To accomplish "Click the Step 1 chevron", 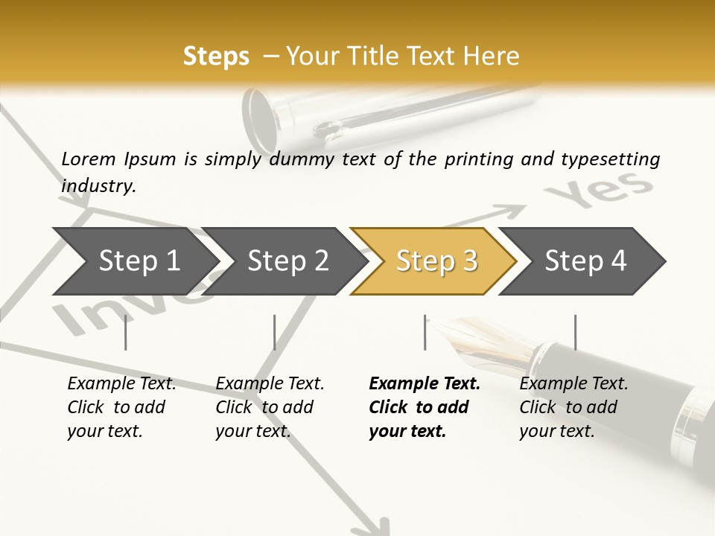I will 139,261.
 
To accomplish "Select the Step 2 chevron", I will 287,261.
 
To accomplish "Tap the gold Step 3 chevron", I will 436,261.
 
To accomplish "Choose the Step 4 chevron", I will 585,261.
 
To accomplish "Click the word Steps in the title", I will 216,57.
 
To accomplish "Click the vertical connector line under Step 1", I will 125,332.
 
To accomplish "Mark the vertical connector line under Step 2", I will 275,332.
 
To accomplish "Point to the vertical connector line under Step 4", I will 575,332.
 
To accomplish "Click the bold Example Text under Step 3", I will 425,384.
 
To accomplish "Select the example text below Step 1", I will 121,407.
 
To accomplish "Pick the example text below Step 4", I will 573,407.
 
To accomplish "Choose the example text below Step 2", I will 270,407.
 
